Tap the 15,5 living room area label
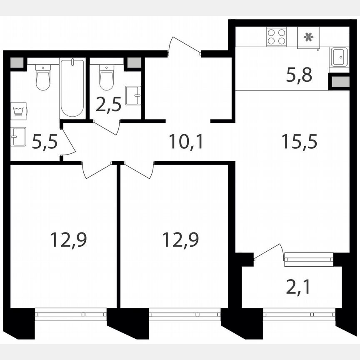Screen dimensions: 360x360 [299, 142]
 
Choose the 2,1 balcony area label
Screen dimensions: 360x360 [298, 287]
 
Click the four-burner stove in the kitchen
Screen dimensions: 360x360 [276, 36]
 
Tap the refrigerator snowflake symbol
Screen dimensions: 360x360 [308, 37]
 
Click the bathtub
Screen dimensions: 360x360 [72, 87]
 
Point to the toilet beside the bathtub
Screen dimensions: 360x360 [42, 77]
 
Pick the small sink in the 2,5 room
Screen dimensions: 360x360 [133, 95]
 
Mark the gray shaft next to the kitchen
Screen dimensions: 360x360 [339, 81]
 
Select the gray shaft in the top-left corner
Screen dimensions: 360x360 [17, 63]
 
